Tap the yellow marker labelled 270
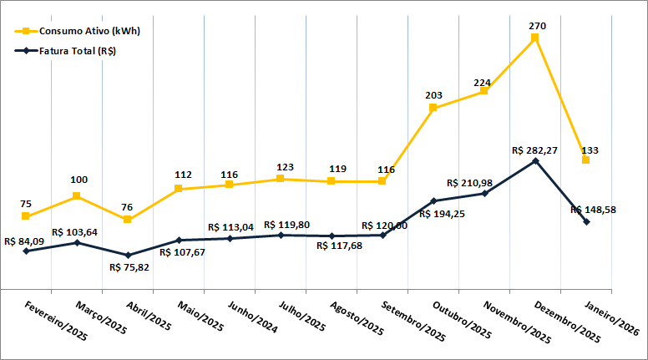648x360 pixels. coord(535,38)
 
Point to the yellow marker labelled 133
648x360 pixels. coord(586,160)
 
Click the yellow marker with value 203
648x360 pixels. coord(433,108)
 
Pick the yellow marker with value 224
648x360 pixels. coord(484,90)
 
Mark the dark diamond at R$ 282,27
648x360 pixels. coord(535,160)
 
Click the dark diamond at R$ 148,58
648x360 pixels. coord(586,221)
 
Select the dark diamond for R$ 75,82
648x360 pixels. coord(128,255)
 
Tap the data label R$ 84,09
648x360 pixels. coord(24,241)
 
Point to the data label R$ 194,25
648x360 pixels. coord(443,214)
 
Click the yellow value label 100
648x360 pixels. coord(78,180)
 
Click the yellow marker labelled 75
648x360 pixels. coord(26,216)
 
